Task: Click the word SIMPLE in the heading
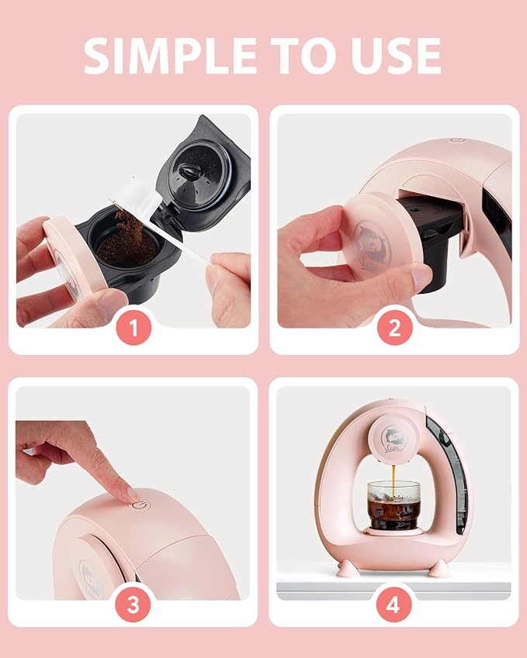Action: click(x=170, y=56)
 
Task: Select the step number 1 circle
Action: click(x=133, y=328)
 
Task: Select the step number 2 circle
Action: click(x=394, y=328)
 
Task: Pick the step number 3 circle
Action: click(x=133, y=605)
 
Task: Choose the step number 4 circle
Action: click(x=394, y=605)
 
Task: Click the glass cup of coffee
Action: click(x=394, y=505)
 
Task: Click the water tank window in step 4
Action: click(x=446, y=474)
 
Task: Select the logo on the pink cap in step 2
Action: click(x=373, y=246)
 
